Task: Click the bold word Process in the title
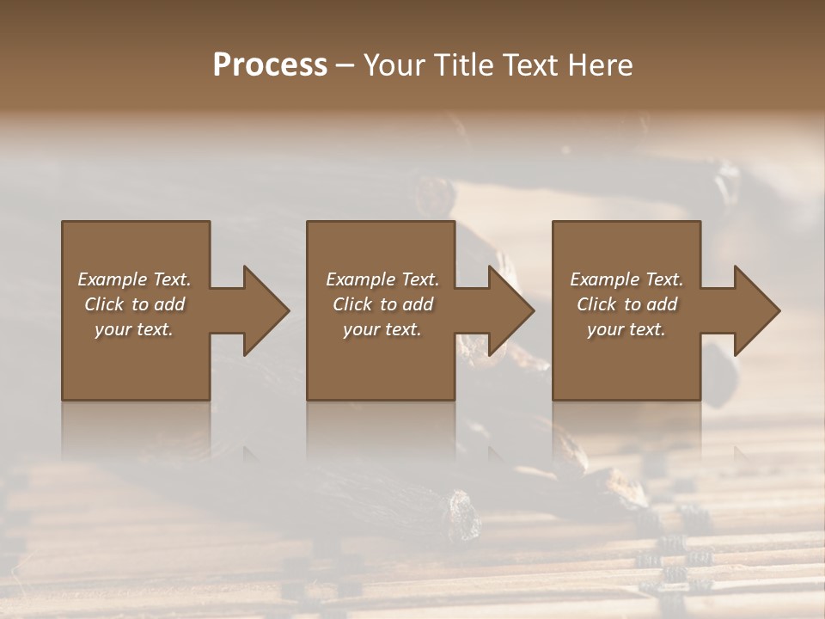270,65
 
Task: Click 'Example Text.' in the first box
134,279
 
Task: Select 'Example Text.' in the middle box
382,279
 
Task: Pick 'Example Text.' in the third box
626,279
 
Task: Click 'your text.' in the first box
134,329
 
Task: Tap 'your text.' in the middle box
382,329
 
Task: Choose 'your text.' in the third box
626,329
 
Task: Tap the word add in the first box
170,304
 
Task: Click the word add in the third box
663,304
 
